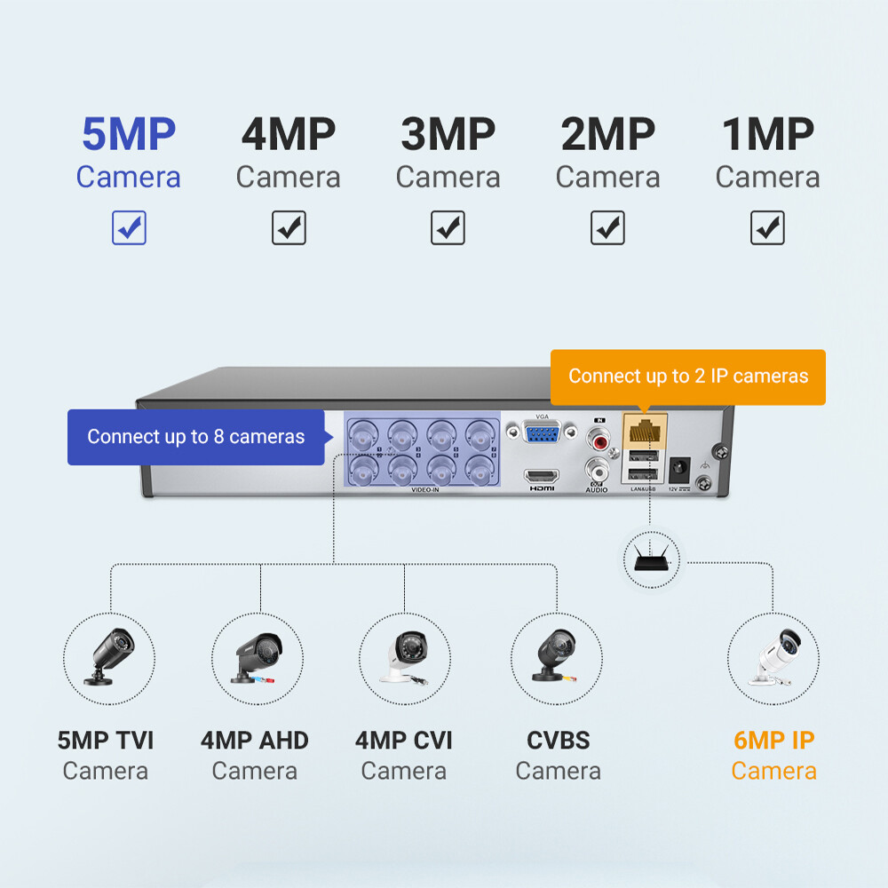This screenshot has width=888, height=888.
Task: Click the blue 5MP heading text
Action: (x=129, y=135)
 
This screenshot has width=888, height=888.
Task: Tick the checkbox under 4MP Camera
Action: (x=289, y=228)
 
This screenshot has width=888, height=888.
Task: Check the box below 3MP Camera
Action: (x=448, y=228)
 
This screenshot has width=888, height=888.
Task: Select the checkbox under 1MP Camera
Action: (x=767, y=228)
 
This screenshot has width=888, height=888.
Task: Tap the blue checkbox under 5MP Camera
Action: (x=129, y=228)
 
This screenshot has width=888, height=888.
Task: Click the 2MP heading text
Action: (x=607, y=135)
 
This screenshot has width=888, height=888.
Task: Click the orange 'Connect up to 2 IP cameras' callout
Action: (x=688, y=377)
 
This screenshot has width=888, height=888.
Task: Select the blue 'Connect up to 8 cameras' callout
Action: (x=195, y=437)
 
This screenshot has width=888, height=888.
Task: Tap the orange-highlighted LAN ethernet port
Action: (x=641, y=433)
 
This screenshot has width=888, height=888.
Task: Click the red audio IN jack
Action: (x=597, y=437)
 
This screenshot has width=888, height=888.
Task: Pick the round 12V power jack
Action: (x=681, y=467)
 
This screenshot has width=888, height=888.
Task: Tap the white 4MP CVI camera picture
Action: (x=404, y=658)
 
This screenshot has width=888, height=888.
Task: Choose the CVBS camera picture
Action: (x=557, y=658)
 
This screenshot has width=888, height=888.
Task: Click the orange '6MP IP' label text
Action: (x=773, y=741)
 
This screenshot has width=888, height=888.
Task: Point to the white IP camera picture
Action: (x=773, y=658)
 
